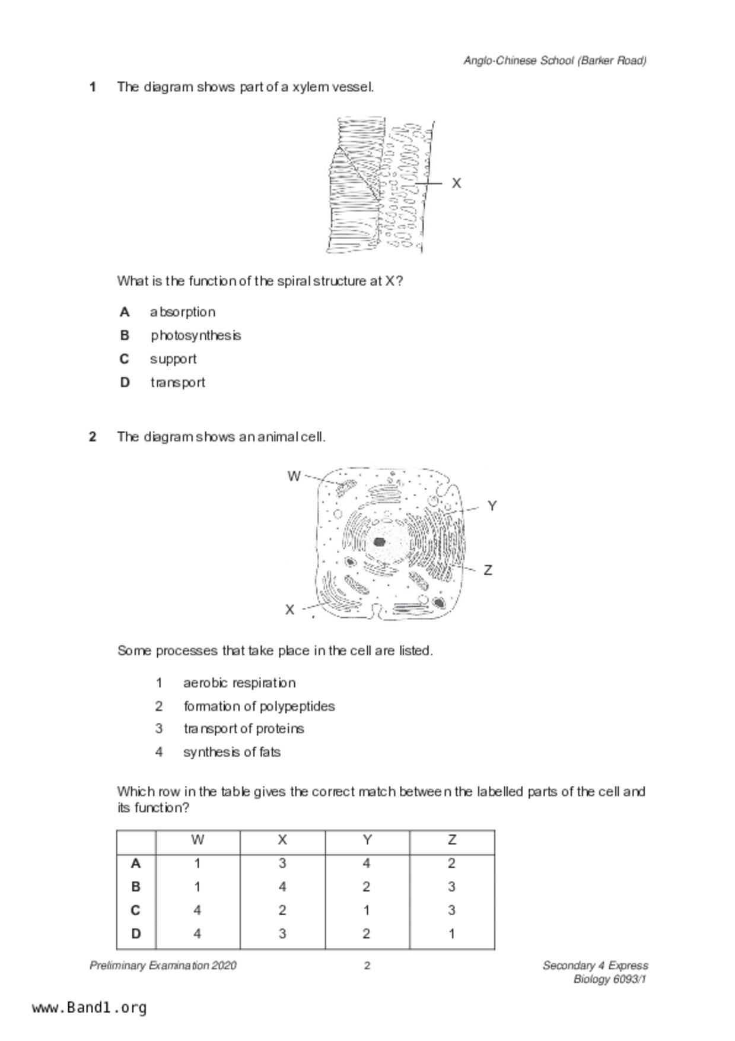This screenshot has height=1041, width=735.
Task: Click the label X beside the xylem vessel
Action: click(456, 183)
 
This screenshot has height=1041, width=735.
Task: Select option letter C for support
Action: click(125, 359)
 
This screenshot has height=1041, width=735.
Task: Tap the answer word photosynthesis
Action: click(196, 335)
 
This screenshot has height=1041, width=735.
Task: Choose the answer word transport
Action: click(178, 382)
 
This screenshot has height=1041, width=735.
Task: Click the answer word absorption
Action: click(183, 312)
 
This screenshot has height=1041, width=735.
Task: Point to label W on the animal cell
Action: click(294, 476)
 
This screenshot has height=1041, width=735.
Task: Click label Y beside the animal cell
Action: click(492, 506)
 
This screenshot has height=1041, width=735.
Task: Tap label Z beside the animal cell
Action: click(488, 570)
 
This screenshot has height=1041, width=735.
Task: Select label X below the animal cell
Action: click(289, 610)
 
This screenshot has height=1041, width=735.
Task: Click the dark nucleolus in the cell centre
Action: click(379, 542)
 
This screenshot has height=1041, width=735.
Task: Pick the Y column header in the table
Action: click(367, 840)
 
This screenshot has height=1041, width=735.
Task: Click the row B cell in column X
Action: click(282, 887)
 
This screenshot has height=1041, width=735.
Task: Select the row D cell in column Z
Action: click(451, 934)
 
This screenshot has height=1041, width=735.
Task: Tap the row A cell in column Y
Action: click(367, 864)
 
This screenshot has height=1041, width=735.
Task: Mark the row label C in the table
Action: click(136, 910)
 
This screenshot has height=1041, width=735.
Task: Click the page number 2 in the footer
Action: click(367, 966)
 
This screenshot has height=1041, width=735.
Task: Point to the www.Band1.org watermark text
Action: click(90, 1008)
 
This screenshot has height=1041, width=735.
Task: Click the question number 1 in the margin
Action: click(93, 87)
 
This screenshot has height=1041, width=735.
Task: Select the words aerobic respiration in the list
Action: click(239, 683)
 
